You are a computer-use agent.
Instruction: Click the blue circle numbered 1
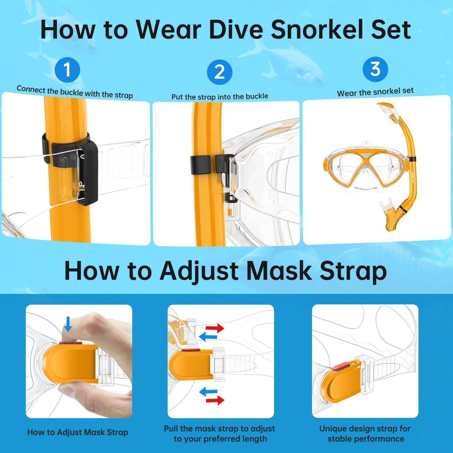[67, 70]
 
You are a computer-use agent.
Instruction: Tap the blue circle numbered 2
[219, 72]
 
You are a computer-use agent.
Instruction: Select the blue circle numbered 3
[375, 69]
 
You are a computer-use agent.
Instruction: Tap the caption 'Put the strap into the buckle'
[220, 97]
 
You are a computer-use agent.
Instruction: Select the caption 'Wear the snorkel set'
[375, 92]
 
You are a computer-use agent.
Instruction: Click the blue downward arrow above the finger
[68, 324]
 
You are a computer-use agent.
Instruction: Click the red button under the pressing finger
[71, 344]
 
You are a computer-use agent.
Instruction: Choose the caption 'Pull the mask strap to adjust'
[219, 429]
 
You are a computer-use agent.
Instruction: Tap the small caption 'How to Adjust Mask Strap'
[77, 432]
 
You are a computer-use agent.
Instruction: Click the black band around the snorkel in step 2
[200, 165]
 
